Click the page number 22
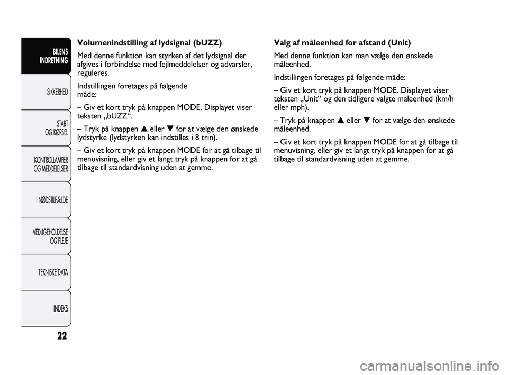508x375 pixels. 61,336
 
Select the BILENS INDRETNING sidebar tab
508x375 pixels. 53,56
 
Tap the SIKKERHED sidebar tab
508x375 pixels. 55,92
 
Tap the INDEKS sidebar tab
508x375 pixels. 59,308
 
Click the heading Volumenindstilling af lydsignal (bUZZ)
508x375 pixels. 149,43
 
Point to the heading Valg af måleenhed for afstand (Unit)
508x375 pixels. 342,43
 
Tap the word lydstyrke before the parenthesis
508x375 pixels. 92,137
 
